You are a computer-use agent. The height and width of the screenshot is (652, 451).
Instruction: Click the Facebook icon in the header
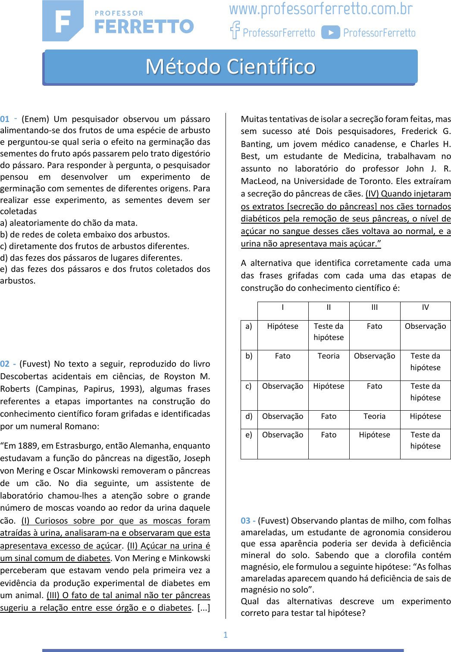[235, 30]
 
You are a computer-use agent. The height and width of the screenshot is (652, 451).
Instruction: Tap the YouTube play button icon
[331, 33]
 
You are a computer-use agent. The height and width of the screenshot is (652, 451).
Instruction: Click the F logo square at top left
[63, 21]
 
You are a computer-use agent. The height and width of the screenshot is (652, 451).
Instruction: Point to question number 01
[5, 119]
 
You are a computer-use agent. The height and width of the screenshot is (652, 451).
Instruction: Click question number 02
[5, 364]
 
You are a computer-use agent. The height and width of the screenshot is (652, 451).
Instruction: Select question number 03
[245, 521]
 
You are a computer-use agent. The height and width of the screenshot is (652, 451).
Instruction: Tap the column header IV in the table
[425, 307]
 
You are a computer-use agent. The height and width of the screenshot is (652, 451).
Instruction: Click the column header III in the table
[374, 307]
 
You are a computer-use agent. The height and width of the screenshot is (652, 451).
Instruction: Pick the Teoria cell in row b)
[329, 356]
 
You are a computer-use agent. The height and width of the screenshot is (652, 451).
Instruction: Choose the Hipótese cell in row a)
[282, 326]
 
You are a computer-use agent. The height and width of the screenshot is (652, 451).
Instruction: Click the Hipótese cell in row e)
[374, 435]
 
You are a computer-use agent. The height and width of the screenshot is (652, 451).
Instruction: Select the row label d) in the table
[249, 416]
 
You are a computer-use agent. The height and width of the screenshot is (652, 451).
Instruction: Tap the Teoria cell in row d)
[374, 416]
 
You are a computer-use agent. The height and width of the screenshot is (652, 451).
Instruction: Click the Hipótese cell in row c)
[329, 386]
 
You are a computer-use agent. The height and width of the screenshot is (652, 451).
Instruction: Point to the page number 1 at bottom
[225, 635]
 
